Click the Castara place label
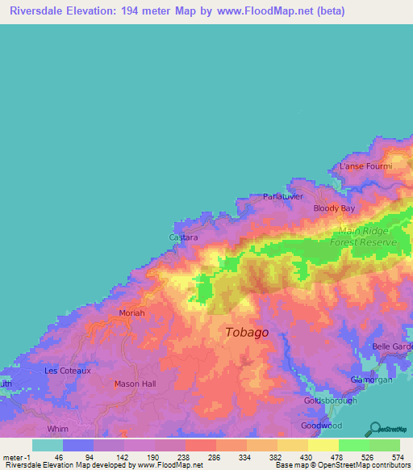(183, 238)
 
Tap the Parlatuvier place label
(287, 196)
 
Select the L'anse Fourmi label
(365, 166)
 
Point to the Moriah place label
(131, 313)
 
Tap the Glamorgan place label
(370, 379)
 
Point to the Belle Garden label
(392, 346)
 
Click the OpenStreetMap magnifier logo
(373, 428)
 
